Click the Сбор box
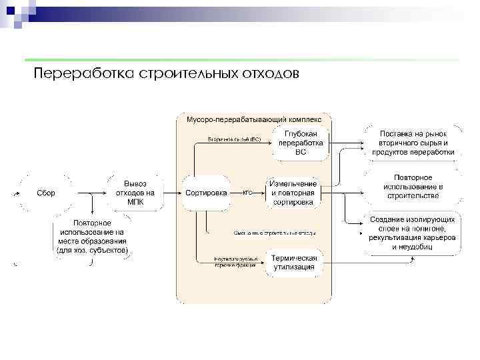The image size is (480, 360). (46, 193)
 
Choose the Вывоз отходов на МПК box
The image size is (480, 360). (135, 193)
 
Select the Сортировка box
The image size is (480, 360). (207, 193)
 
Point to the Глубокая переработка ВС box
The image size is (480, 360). (301, 143)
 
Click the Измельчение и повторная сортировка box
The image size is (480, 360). (293, 192)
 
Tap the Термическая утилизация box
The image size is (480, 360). (294, 263)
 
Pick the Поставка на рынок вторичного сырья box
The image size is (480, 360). (413, 143)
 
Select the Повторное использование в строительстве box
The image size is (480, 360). (413, 187)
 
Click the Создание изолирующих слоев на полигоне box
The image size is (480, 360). (413, 233)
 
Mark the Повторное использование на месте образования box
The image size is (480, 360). (93, 237)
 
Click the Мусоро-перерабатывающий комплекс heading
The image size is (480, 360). (253, 118)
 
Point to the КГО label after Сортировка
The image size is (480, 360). (247, 192)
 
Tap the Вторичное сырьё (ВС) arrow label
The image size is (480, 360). (234, 139)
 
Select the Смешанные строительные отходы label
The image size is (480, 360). (275, 233)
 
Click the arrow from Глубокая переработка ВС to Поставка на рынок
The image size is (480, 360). (347, 141)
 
